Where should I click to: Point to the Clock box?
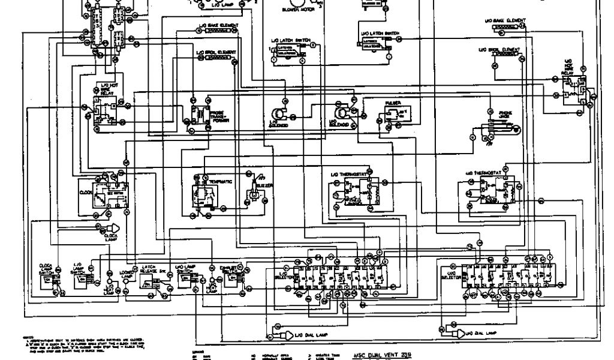110,194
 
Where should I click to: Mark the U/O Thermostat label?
479,172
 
